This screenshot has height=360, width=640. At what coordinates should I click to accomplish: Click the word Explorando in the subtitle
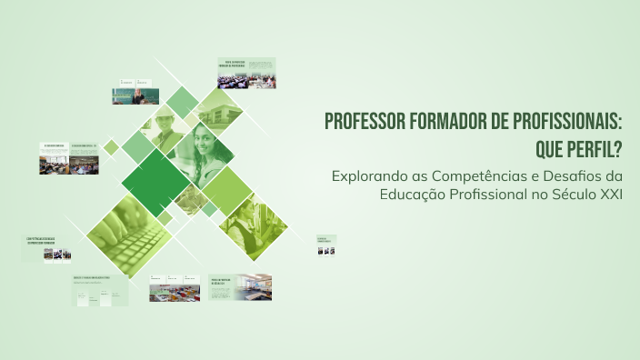click(365, 175)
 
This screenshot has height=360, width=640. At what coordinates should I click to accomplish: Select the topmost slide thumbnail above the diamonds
click(245, 73)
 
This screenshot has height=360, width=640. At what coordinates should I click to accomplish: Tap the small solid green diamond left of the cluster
click(111, 146)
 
